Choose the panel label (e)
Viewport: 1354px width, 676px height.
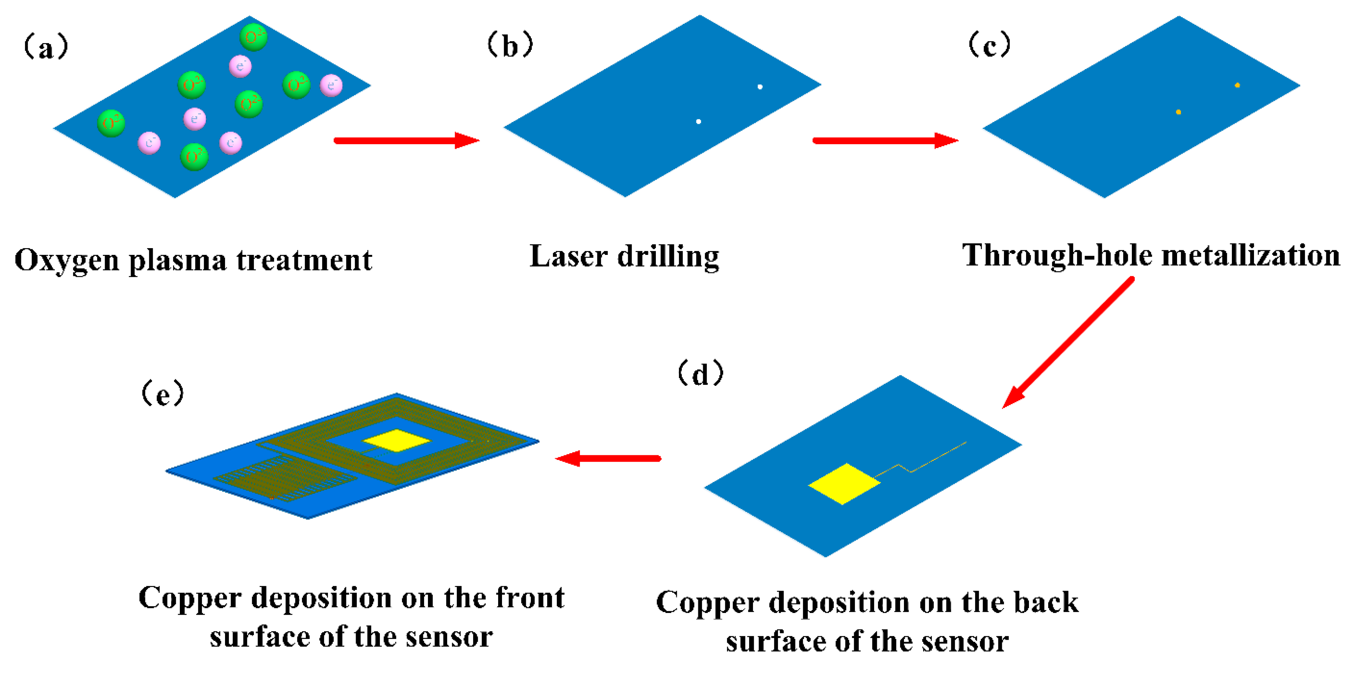(x=163, y=394)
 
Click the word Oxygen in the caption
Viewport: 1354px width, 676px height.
(x=67, y=261)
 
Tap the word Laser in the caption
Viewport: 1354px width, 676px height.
(x=568, y=257)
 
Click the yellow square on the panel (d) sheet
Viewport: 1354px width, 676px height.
(x=843, y=484)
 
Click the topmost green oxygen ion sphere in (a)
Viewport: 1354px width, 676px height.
(x=253, y=37)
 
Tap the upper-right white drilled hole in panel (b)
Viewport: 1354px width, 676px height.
(x=760, y=87)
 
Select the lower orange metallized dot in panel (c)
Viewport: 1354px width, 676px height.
(x=1178, y=112)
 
